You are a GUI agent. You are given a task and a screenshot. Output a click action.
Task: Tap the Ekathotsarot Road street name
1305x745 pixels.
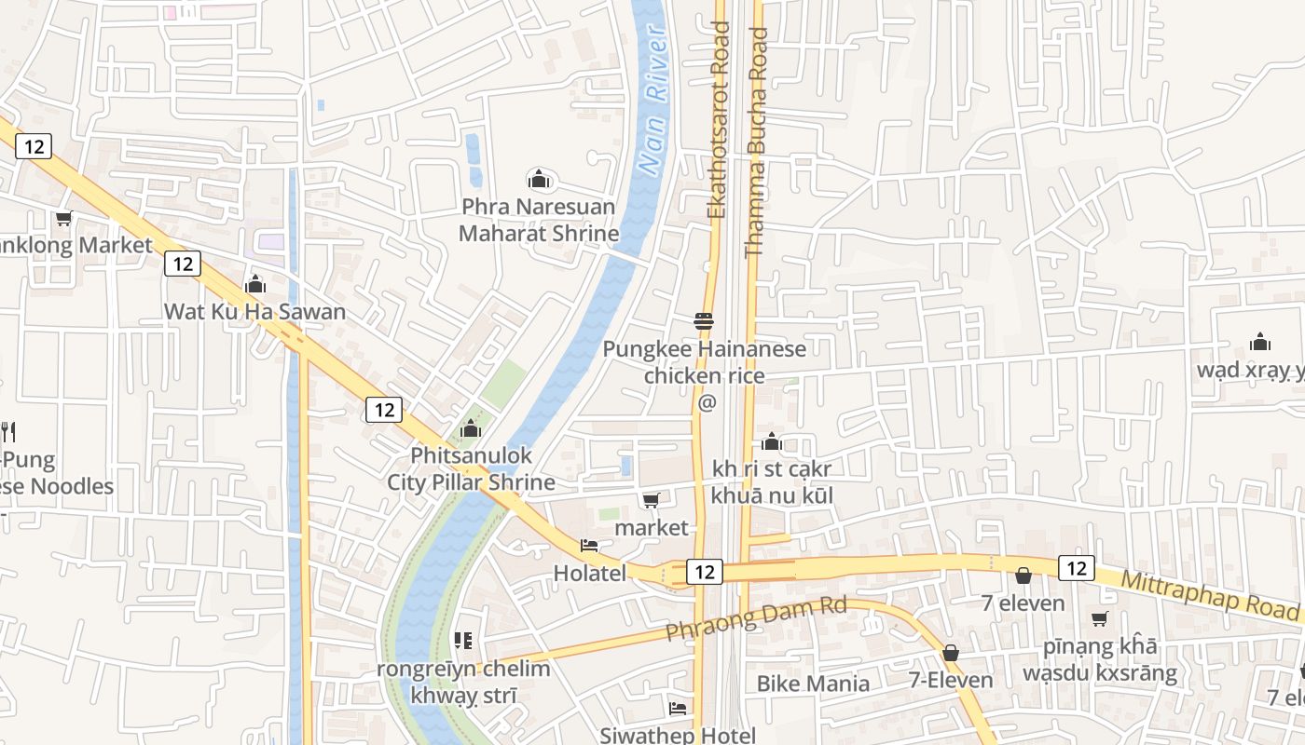(717, 121)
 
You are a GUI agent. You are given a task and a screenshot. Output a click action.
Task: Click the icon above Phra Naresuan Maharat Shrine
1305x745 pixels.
(538, 179)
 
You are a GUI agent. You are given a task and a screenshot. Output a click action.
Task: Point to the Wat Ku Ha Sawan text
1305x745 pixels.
(254, 312)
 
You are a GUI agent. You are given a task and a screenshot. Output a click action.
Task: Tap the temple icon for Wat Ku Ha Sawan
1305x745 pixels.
(254, 284)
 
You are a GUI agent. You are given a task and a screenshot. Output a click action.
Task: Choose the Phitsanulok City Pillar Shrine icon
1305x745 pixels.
(471, 428)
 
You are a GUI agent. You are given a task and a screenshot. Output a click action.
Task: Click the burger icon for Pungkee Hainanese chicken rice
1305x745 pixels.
(704, 321)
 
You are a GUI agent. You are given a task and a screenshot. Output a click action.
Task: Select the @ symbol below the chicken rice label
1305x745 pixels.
(707, 402)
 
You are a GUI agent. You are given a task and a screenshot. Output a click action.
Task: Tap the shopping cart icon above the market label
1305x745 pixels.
(652, 501)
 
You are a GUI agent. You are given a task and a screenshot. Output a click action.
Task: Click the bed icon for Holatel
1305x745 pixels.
(589, 546)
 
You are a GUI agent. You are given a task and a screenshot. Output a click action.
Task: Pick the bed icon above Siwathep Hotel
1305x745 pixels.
(678, 709)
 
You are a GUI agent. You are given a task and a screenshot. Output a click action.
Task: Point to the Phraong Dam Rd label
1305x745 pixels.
(756, 619)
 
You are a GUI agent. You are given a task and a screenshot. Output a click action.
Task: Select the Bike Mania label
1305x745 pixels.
(813, 684)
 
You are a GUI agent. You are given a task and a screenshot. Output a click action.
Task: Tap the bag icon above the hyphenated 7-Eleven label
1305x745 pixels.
(951, 653)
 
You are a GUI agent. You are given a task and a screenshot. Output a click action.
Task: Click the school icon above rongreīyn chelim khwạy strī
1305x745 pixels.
(462, 641)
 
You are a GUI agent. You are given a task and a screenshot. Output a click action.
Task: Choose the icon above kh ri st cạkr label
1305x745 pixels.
(772, 441)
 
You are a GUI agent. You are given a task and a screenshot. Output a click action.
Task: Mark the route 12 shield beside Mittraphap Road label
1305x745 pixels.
(1077, 568)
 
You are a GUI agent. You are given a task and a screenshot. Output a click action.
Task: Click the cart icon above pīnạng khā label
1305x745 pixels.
(1100, 618)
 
